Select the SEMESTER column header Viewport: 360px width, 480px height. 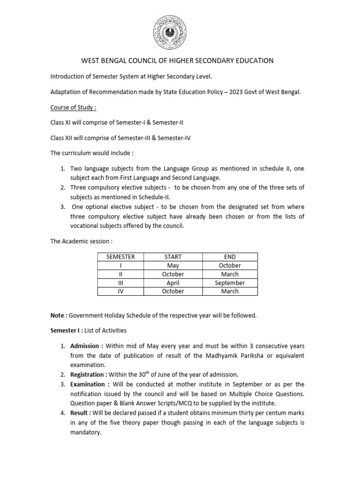[120, 257]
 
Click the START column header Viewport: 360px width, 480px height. [173, 257]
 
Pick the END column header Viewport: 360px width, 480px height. [230, 257]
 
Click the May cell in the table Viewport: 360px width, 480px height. [173, 265]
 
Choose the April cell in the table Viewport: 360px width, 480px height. [173, 283]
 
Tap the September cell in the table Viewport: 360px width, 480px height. [230, 283]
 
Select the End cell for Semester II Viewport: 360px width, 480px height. [230, 274]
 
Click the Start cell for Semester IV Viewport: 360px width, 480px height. [173, 291]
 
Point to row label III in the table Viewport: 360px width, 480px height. [120, 283]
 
